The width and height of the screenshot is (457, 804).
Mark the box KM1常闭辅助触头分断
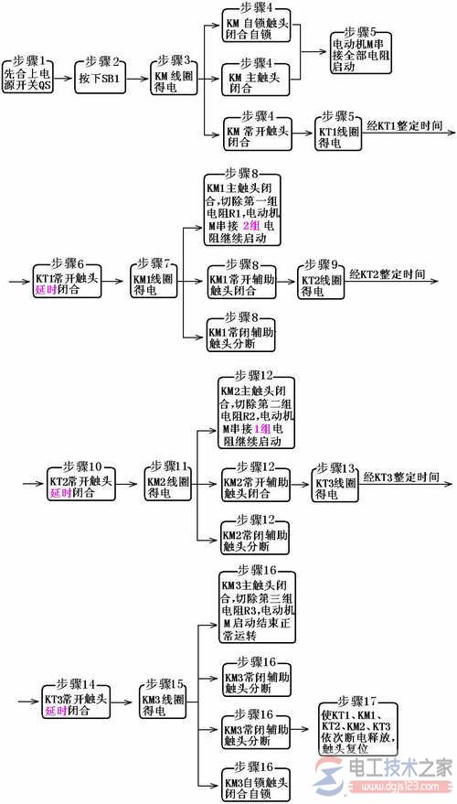(x=239, y=338)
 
